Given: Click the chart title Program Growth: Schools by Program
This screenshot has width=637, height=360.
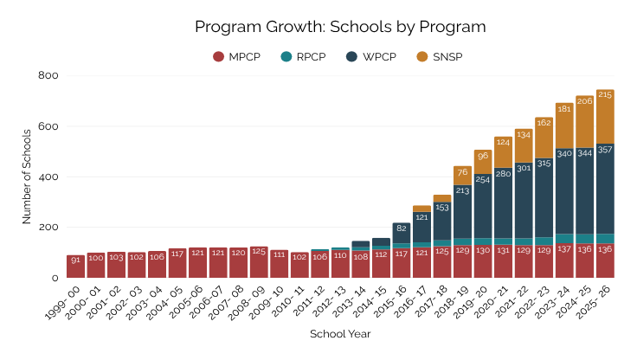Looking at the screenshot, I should (340, 27).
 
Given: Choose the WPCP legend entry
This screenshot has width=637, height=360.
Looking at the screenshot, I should (371, 57).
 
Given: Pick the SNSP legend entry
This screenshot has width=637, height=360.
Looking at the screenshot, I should (436, 57).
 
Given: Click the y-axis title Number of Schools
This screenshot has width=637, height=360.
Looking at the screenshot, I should (27, 177).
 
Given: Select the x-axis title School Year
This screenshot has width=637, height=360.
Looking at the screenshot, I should (340, 332).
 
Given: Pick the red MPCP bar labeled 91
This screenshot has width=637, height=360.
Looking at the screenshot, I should (75, 267).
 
